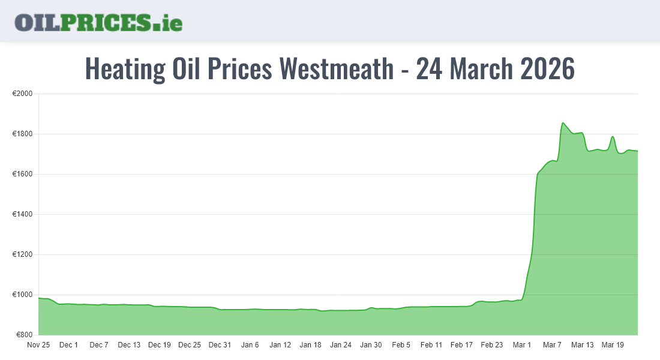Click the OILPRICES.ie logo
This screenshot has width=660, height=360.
coord(98,22)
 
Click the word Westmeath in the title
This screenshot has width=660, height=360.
coord(337,68)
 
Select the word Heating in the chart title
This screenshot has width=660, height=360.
coord(125,68)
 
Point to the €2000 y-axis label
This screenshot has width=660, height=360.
coord(22,94)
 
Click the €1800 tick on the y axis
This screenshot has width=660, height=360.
coord(22,134)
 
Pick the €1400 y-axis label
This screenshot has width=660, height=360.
coord(22,214)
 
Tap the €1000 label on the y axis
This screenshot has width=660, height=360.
coord(22,295)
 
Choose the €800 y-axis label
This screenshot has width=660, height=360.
coord(23,335)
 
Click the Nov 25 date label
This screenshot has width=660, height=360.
coord(38,345)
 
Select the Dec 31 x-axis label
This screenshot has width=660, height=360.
coord(220,345)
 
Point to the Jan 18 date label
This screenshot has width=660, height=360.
coord(310,345)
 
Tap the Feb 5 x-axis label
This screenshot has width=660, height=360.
coord(401,345)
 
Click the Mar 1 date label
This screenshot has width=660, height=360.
coord(522,345)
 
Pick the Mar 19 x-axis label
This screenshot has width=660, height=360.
coord(612,345)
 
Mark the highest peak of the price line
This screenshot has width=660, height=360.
coord(563,123)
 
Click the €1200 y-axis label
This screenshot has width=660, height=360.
coord(22,254)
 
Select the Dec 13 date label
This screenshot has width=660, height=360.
coord(129,345)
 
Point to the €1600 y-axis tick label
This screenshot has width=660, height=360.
coord(22,174)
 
